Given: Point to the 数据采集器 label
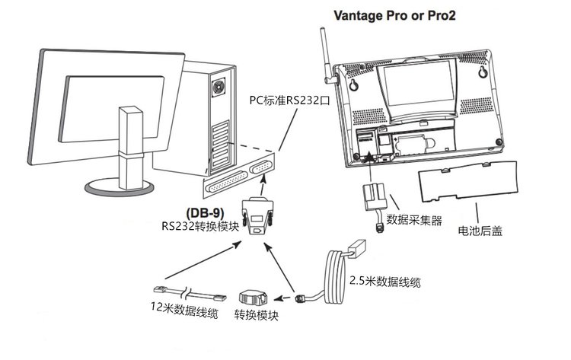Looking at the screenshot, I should click(x=414, y=221).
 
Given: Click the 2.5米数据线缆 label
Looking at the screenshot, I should click(x=383, y=281).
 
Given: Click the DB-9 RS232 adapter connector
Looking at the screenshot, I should click(x=258, y=215).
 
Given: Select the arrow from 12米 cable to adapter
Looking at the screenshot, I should click(x=198, y=261).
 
